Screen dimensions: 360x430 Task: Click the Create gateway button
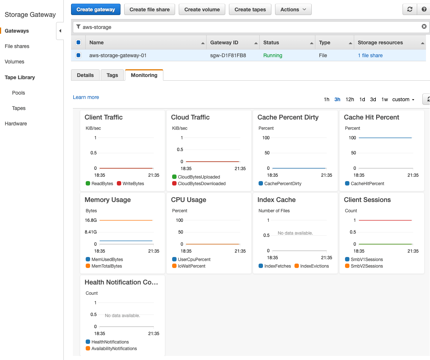96,10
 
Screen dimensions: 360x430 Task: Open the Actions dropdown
293,10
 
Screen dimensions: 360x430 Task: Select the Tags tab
112,75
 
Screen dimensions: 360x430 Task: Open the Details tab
85,75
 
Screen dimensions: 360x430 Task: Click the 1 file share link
370,55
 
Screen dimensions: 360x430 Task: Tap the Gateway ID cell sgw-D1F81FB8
228,55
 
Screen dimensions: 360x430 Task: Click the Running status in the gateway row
273,55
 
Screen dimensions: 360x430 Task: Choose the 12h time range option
350,99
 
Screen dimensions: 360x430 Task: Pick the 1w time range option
385,99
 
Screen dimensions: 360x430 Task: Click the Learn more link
86,97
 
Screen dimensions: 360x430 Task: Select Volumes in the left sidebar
15,62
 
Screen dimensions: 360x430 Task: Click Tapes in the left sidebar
19,108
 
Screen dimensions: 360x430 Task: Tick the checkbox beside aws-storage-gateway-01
78,55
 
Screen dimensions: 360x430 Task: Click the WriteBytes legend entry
130,183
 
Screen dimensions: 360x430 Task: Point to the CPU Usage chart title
188,200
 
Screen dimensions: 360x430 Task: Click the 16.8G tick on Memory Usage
91,220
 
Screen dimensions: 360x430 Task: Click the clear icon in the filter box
424,26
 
